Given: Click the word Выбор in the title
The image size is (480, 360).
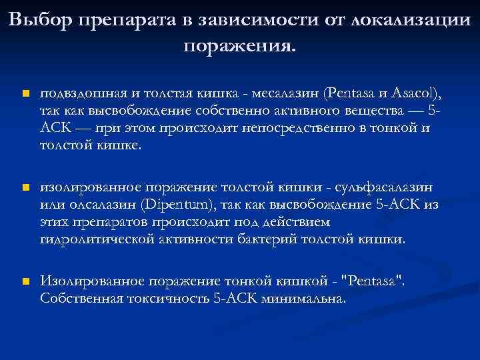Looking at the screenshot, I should [41, 20].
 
